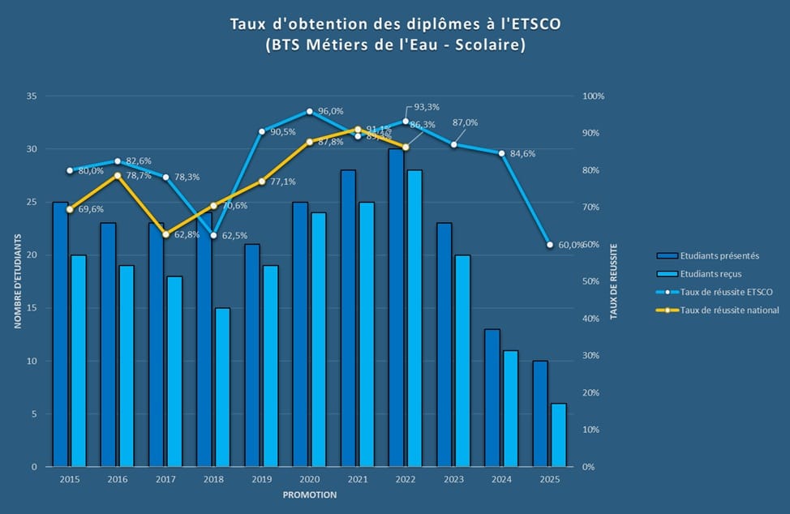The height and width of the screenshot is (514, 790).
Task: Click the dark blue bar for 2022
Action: point(396,308)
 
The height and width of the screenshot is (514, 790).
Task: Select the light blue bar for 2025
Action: point(558,435)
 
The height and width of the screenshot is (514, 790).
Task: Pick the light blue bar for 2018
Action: point(222,388)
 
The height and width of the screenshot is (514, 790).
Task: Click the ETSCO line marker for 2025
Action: point(550,244)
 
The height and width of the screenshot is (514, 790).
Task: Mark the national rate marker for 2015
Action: point(70,209)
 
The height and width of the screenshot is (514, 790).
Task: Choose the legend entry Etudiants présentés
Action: point(720,256)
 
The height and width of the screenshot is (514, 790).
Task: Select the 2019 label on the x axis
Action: point(261,480)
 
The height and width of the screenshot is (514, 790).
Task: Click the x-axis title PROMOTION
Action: point(310,495)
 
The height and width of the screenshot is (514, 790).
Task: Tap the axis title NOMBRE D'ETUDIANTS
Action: point(17,281)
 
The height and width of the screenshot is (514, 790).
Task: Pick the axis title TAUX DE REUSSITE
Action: point(613,281)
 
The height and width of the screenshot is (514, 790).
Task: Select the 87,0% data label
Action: point(465,122)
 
